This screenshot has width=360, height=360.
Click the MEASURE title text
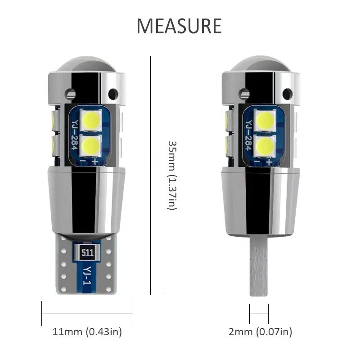click(x=179, y=26)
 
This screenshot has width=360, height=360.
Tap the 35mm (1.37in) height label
click(x=172, y=175)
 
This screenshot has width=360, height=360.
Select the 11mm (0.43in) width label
click(x=87, y=332)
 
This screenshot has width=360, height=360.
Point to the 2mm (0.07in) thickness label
click(x=260, y=332)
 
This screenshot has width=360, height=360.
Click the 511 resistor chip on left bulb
click(x=87, y=252)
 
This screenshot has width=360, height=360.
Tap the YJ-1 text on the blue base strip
click(x=87, y=275)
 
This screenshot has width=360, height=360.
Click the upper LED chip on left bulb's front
click(x=91, y=120)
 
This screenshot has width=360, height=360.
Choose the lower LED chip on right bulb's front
click(x=265, y=146)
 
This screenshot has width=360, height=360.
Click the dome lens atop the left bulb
click(x=87, y=64)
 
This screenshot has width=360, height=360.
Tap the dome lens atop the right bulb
click(x=261, y=64)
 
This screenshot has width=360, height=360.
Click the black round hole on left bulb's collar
click(x=113, y=94)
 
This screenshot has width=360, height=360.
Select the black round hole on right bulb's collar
click(x=288, y=94)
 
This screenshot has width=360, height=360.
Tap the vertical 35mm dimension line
click(x=151, y=175)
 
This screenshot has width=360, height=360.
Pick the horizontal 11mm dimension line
click(x=87, y=314)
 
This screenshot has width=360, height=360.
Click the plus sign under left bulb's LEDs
click(x=95, y=162)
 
